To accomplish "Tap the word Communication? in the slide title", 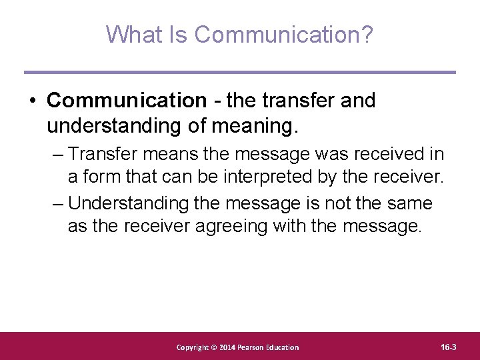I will [283, 34].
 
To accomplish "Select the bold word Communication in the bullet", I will [127, 101].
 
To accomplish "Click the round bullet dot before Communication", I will [31, 101].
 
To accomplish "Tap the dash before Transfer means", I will [58, 155].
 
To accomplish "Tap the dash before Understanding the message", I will [58, 203].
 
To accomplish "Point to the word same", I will [407, 203].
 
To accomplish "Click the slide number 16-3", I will [449, 347].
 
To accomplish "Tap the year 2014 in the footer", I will [227, 347].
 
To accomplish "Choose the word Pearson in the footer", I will [254, 347].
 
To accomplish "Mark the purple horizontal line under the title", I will [240, 72].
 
